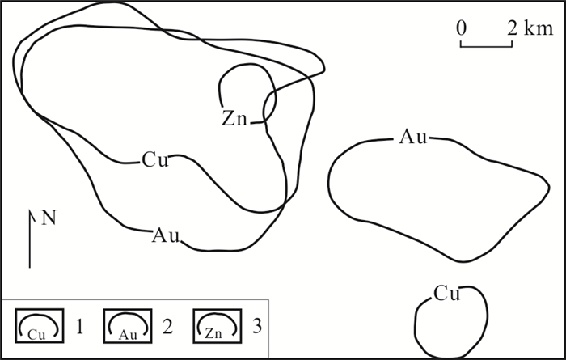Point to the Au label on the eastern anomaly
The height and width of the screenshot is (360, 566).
412,138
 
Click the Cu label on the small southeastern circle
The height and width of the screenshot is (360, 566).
446,293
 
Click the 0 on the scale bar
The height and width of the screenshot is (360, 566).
461,27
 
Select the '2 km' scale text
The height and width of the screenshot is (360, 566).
526,27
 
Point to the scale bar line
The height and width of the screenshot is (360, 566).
487,45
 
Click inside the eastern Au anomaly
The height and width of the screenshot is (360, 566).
437,194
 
